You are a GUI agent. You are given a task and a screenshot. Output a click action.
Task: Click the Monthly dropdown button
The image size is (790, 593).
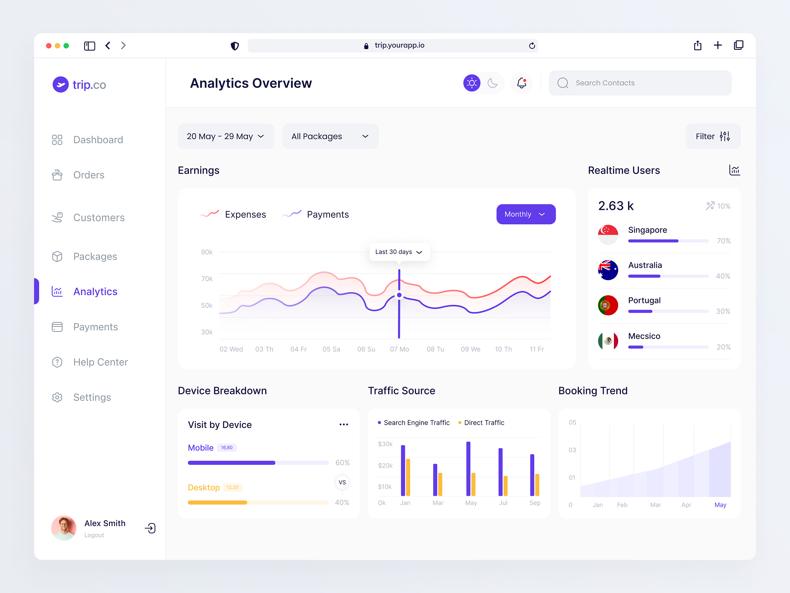tap(525, 214)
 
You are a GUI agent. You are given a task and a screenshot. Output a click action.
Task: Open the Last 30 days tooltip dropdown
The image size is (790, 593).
tap(399, 252)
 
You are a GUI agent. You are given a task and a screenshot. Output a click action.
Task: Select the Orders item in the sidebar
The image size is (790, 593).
tap(89, 175)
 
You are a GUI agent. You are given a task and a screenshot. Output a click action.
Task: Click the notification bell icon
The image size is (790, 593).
tap(521, 83)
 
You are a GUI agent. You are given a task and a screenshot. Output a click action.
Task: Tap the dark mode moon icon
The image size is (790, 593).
tap(492, 83)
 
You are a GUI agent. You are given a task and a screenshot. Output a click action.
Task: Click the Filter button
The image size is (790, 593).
tap(713, 136)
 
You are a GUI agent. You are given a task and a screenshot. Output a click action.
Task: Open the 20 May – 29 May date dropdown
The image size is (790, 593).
tap(225, 136)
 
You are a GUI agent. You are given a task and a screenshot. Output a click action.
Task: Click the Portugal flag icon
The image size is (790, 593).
tap(608, 305)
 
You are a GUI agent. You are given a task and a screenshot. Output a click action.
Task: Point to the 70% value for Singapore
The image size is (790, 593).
tap(723, 241)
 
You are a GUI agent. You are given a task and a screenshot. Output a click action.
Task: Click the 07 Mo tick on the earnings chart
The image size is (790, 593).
tap(399, 349)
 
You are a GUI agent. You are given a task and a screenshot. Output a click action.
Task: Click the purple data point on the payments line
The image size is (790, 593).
tap(399, 295)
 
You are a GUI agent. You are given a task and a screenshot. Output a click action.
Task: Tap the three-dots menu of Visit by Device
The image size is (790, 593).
tap(344, 424)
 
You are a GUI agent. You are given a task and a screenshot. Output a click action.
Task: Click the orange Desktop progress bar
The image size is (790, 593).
tap(217, 502)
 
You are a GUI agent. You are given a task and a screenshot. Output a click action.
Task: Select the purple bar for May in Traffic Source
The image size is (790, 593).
tap(468, 468)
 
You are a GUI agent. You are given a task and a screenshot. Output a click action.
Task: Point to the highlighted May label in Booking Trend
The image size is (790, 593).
tap(720, 505)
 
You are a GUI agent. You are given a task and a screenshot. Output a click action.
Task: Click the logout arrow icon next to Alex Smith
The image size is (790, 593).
tap(150, 528)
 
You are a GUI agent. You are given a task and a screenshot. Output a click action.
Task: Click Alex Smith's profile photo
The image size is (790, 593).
tap(64, 528)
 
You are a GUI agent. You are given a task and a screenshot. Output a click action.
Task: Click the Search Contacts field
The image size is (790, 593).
tap(640, 83)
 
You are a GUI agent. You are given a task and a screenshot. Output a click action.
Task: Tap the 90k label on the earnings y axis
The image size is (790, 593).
tap(206, 252)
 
